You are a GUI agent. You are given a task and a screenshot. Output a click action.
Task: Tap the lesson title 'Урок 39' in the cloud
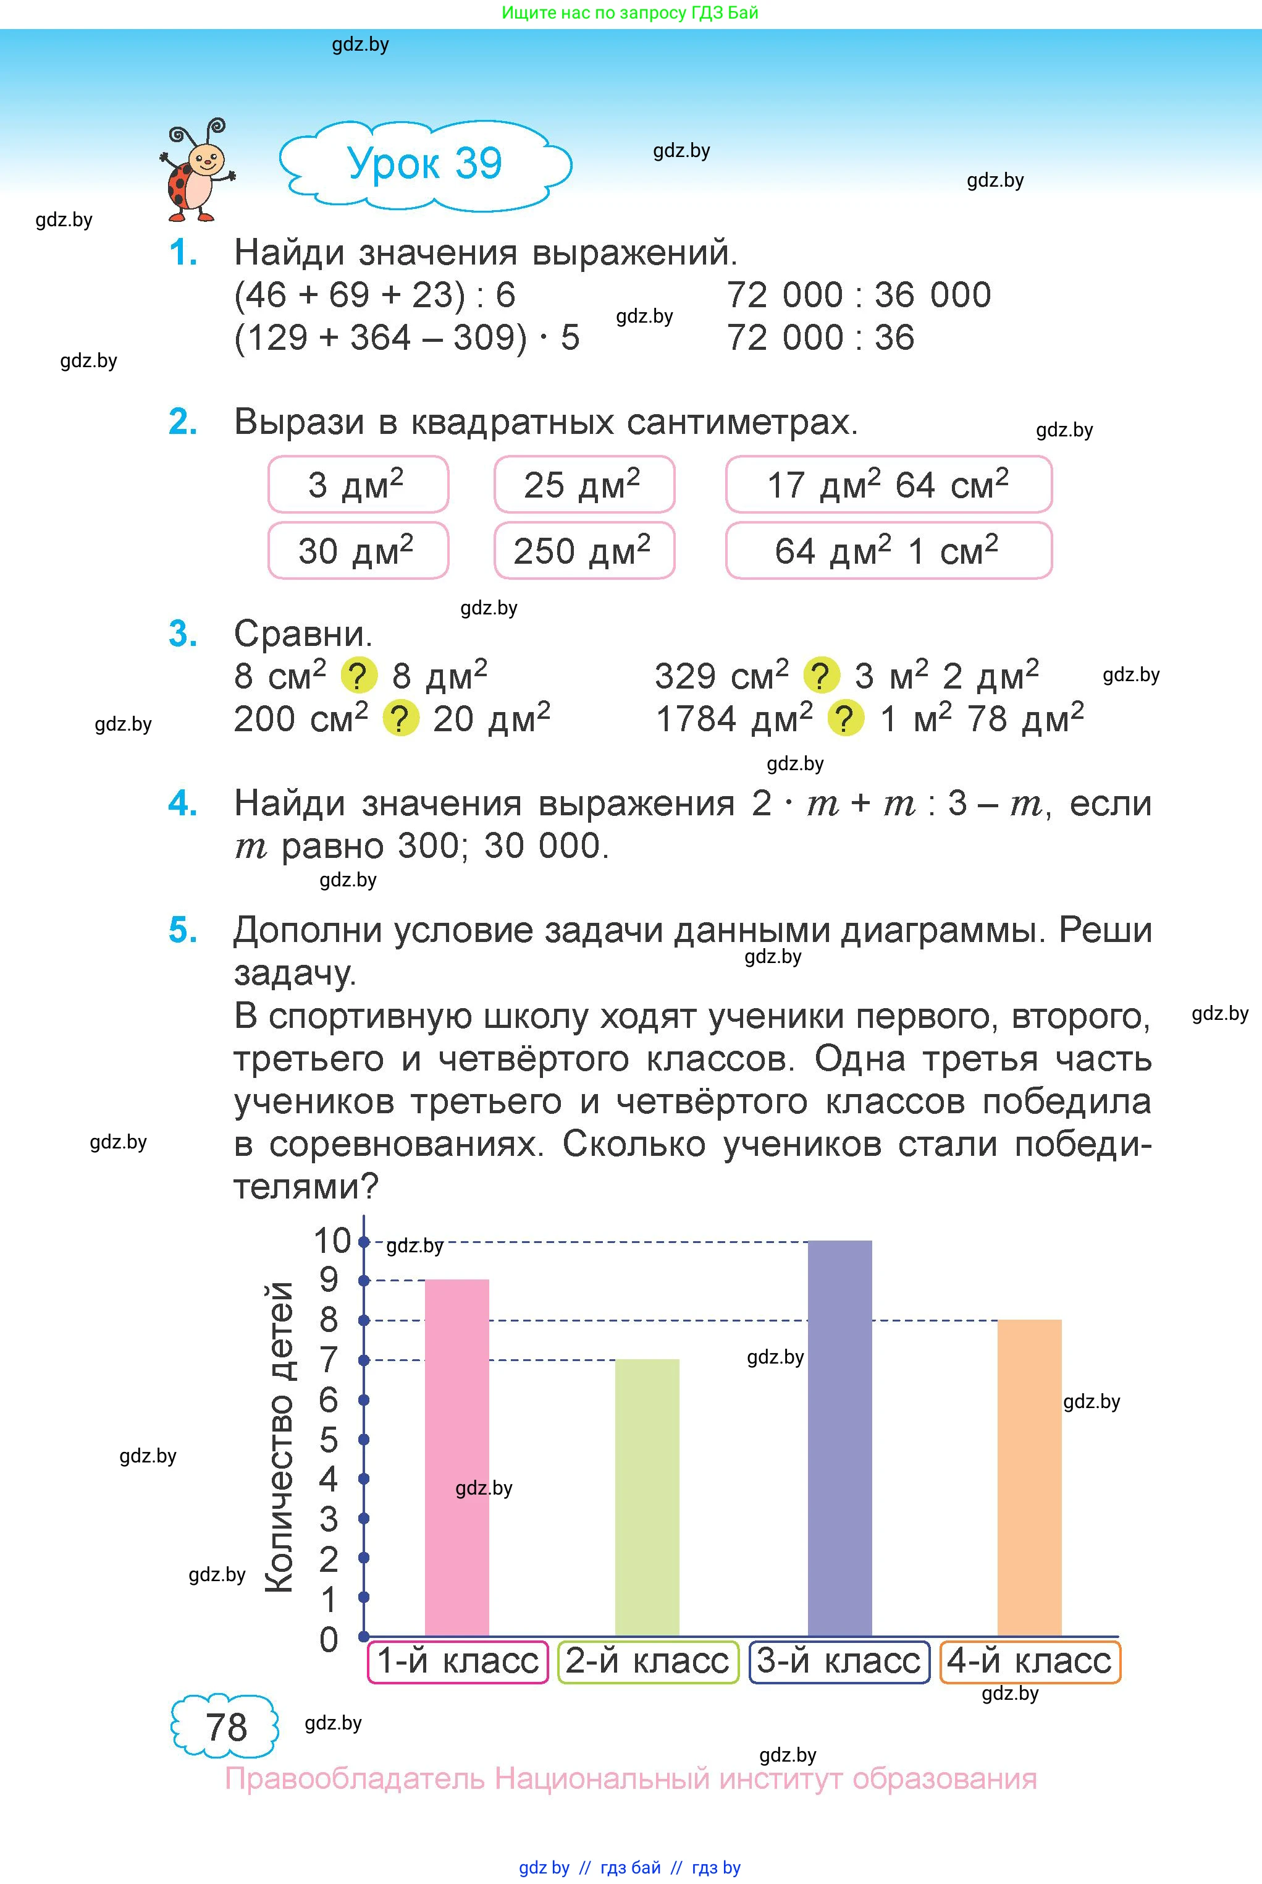424,163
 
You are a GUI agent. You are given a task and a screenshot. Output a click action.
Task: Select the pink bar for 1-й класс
456,1458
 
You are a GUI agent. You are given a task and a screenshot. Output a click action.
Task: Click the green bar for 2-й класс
647,1498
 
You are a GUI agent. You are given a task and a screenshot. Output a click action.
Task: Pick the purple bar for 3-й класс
839,1438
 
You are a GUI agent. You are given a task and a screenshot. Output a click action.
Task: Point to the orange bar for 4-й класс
1029,1477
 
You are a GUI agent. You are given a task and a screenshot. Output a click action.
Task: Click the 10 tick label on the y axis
332,1241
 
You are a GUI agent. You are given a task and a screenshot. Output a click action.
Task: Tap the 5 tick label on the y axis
329,1440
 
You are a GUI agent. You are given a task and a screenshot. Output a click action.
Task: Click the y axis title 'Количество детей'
279,1438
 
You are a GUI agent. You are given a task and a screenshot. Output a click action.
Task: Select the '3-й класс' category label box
839,1661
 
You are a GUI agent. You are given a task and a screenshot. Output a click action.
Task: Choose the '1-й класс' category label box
457,1661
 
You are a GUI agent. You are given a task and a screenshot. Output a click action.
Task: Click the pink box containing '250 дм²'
584,551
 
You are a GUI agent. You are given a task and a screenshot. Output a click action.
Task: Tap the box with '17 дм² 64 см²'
888,485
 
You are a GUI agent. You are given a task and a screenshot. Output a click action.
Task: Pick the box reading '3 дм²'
358,485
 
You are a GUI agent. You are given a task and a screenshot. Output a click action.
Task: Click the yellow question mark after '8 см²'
359,676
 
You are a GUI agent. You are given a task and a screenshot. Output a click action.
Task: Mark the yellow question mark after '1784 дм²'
845,718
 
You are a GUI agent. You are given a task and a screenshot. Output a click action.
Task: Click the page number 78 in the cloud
225,1728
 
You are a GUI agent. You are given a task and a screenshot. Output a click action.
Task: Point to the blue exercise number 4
183,804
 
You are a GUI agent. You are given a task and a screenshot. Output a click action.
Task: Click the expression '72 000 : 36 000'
859,295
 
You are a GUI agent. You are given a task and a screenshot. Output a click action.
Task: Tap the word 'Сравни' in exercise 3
303,634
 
